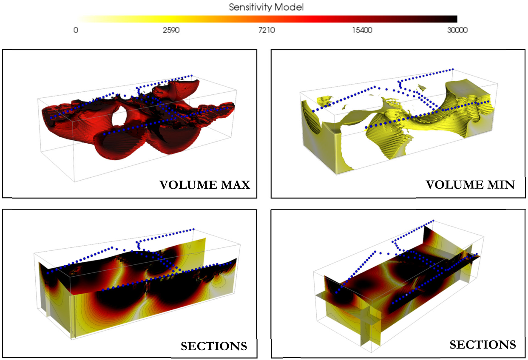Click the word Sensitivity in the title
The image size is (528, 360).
pos(251,7)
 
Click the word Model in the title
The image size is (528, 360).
pos(289,7)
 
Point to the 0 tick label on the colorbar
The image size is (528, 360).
pos(76,30)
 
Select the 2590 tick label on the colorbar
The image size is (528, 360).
pos(171,30)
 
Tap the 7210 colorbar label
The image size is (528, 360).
pos(267,30)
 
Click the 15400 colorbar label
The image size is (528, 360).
pos(362,30)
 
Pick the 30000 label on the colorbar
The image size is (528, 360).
pos(457,30)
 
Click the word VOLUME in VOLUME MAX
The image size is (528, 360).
pos(188,185)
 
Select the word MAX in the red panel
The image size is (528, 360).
pos(236,185)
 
